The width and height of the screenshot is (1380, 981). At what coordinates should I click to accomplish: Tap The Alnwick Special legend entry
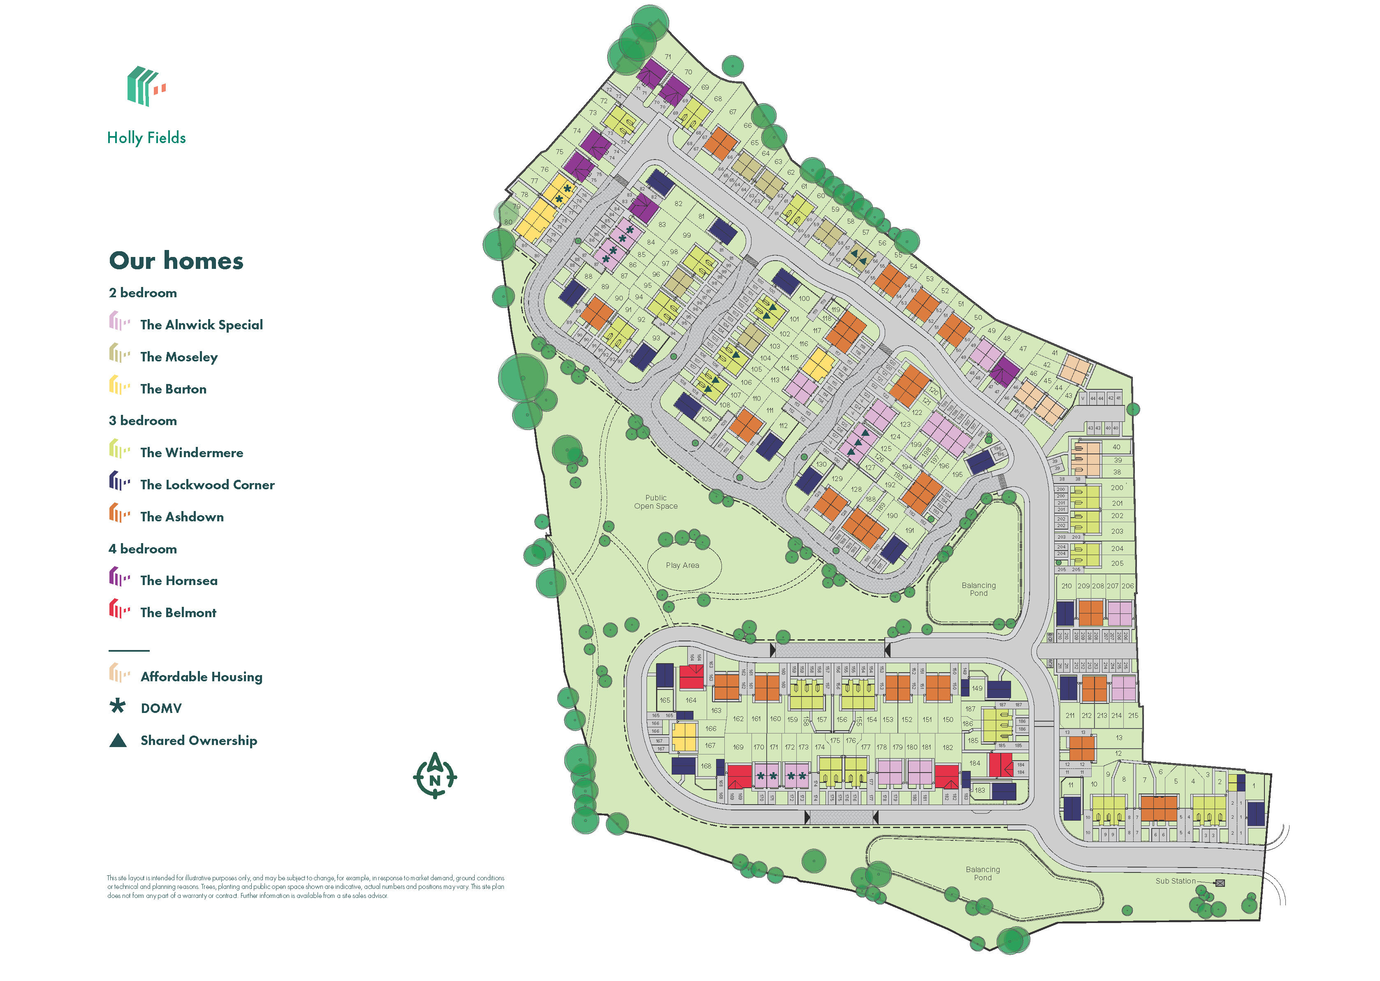click(201, 325)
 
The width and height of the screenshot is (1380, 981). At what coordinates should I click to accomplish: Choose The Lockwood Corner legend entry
click(207, 485)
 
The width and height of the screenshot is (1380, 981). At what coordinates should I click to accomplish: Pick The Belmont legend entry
click(178, 613)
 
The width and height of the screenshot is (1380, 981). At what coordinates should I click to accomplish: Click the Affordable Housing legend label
click(201, 677)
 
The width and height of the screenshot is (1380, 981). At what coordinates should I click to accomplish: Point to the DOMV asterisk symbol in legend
click(118, 706)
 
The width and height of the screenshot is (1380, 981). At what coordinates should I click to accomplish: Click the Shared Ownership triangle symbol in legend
click(118, 740)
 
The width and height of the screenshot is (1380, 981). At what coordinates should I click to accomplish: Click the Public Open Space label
click(656, 502)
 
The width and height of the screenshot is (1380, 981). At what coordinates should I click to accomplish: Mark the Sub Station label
click(1175, 882)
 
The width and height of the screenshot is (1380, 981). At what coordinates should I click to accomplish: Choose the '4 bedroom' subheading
click(143, 549)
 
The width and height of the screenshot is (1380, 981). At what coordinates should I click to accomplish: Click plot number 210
click(1067, 586)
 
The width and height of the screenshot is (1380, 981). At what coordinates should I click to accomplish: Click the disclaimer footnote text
click(305, 887)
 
